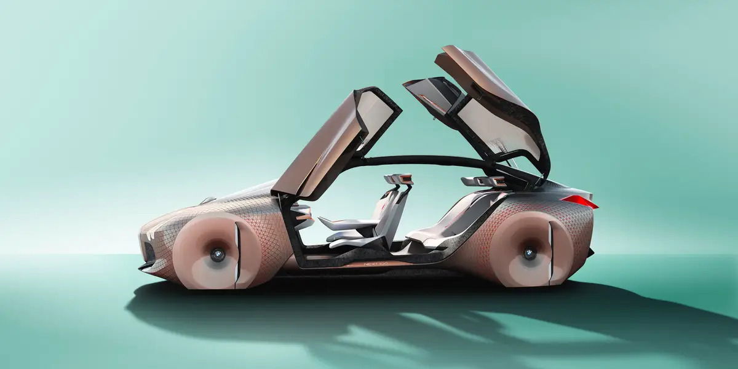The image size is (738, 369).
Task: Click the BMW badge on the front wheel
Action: [217, 253]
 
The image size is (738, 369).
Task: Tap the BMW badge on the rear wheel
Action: [529, 252]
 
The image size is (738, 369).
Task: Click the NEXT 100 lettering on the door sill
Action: [375, 264]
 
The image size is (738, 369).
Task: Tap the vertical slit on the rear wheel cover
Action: [551, 252]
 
